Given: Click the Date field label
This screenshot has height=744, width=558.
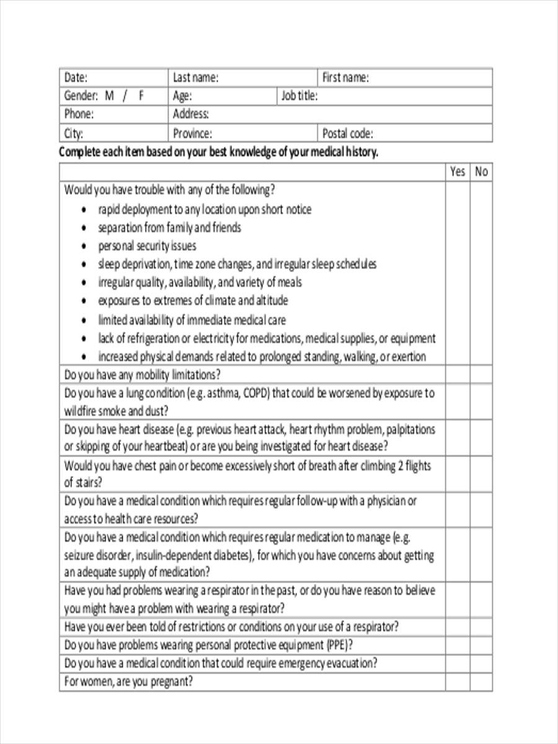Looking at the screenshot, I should click(x=76, y=78).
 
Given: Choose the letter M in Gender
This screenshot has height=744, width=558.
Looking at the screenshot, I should click(x=109, y=96).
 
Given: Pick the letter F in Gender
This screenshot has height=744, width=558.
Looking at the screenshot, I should click(x=141, y=96).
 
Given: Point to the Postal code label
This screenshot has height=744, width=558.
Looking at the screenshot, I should click(x=347, y=133).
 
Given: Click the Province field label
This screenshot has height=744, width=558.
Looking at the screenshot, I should click(x=192, y=133).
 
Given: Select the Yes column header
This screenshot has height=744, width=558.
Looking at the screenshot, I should click(x=458, y=172).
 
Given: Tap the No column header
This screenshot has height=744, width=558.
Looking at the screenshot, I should click(x=481, y=172).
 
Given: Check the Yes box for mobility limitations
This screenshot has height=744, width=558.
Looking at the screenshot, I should click(x=458, y=375).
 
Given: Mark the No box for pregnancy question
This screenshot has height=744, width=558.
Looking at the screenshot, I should click(x=481, y=682).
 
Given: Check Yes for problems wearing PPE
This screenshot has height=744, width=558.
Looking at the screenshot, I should click(x=458, y=645).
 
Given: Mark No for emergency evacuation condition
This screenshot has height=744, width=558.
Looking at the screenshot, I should click(x=481, y=663).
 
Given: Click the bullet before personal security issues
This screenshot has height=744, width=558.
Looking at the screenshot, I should click(x=84, y=247).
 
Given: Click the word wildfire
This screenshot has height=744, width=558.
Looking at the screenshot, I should click(x=79, y=411).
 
